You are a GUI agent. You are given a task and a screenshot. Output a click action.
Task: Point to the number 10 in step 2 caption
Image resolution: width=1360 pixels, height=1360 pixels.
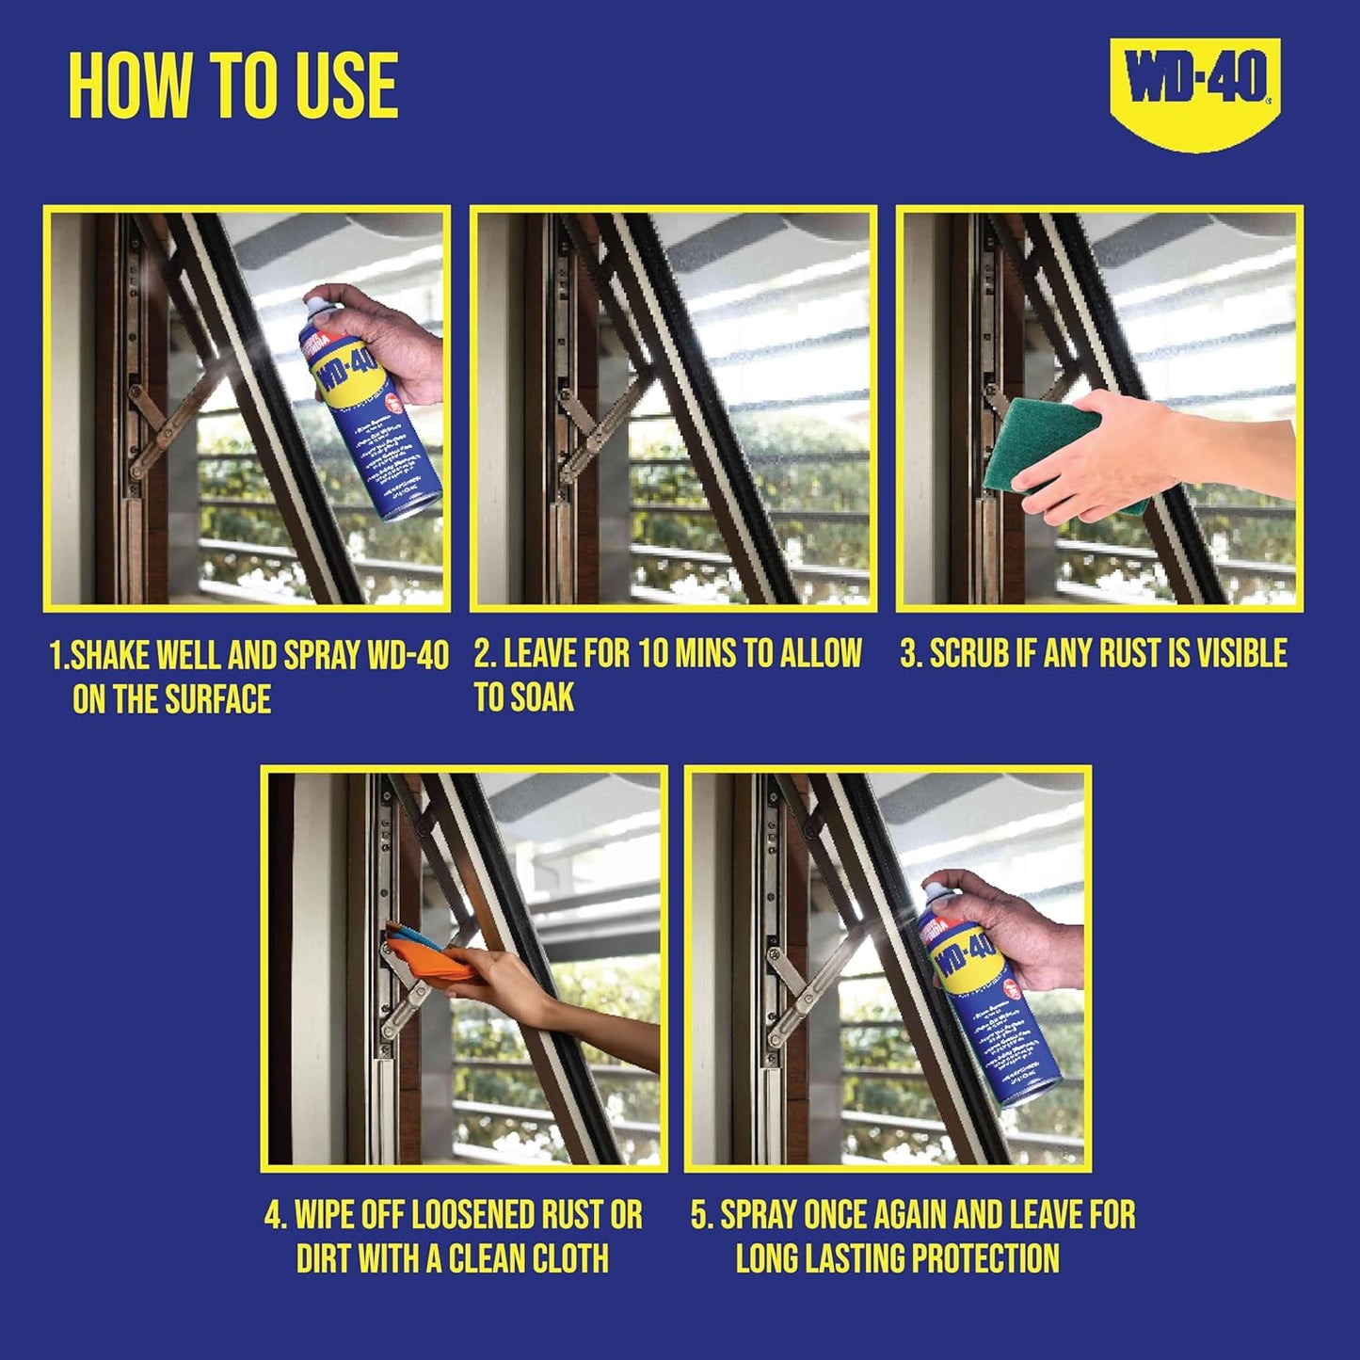pos(655,653)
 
